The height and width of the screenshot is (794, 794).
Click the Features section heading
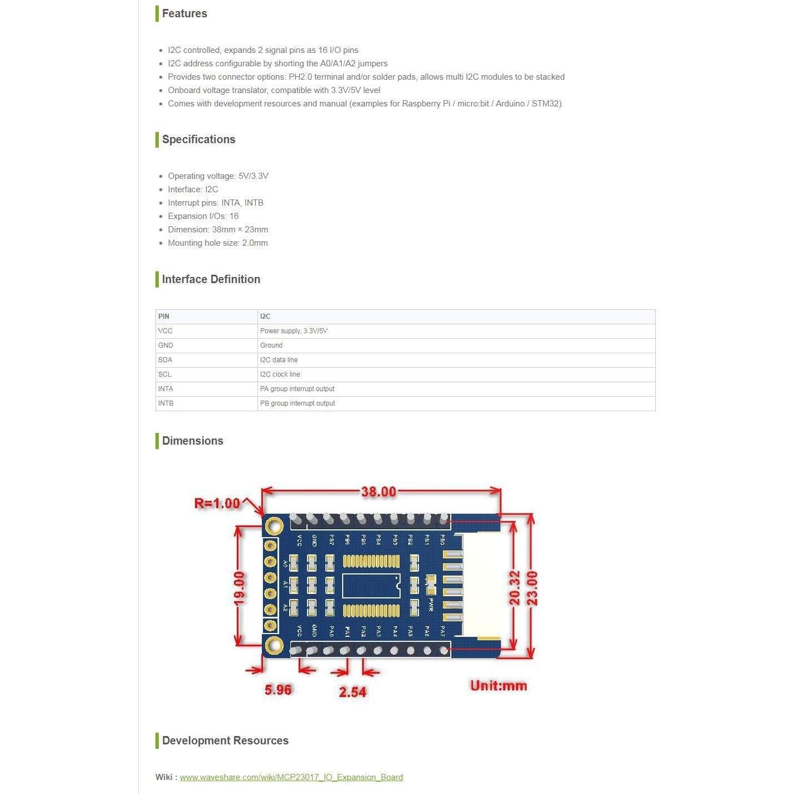[x=184, y=13]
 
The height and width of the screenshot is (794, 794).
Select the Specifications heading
[x=198, y=139]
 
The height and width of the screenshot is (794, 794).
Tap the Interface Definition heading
[x=211, y=279]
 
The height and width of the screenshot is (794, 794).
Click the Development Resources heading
[x=225, y=741]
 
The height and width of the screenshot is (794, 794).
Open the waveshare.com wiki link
[x=291, y=777]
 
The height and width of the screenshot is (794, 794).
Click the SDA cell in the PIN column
[x=165, y=360]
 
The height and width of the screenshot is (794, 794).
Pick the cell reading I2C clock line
[x=280, y=374]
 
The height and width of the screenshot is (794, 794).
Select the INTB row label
[x=166, y=403]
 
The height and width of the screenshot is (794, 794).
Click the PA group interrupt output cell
[x=297, y=389]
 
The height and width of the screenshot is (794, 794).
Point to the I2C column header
[x=265, y=316]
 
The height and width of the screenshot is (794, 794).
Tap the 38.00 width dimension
[x=378, y=492]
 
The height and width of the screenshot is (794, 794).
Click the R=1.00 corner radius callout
[x=217, y=504]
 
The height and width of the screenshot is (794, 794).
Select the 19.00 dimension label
[x=238, y=588]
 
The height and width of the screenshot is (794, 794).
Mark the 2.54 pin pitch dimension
[x=353, y=692]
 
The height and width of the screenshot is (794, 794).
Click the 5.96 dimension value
[x=277, y=690]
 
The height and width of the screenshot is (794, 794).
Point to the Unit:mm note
[x=498, y=686]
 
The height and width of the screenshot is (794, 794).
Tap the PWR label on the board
[x=430, y=605]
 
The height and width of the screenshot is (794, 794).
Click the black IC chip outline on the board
[x=371, y=586]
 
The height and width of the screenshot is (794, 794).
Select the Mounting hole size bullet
[x=217, y=243]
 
